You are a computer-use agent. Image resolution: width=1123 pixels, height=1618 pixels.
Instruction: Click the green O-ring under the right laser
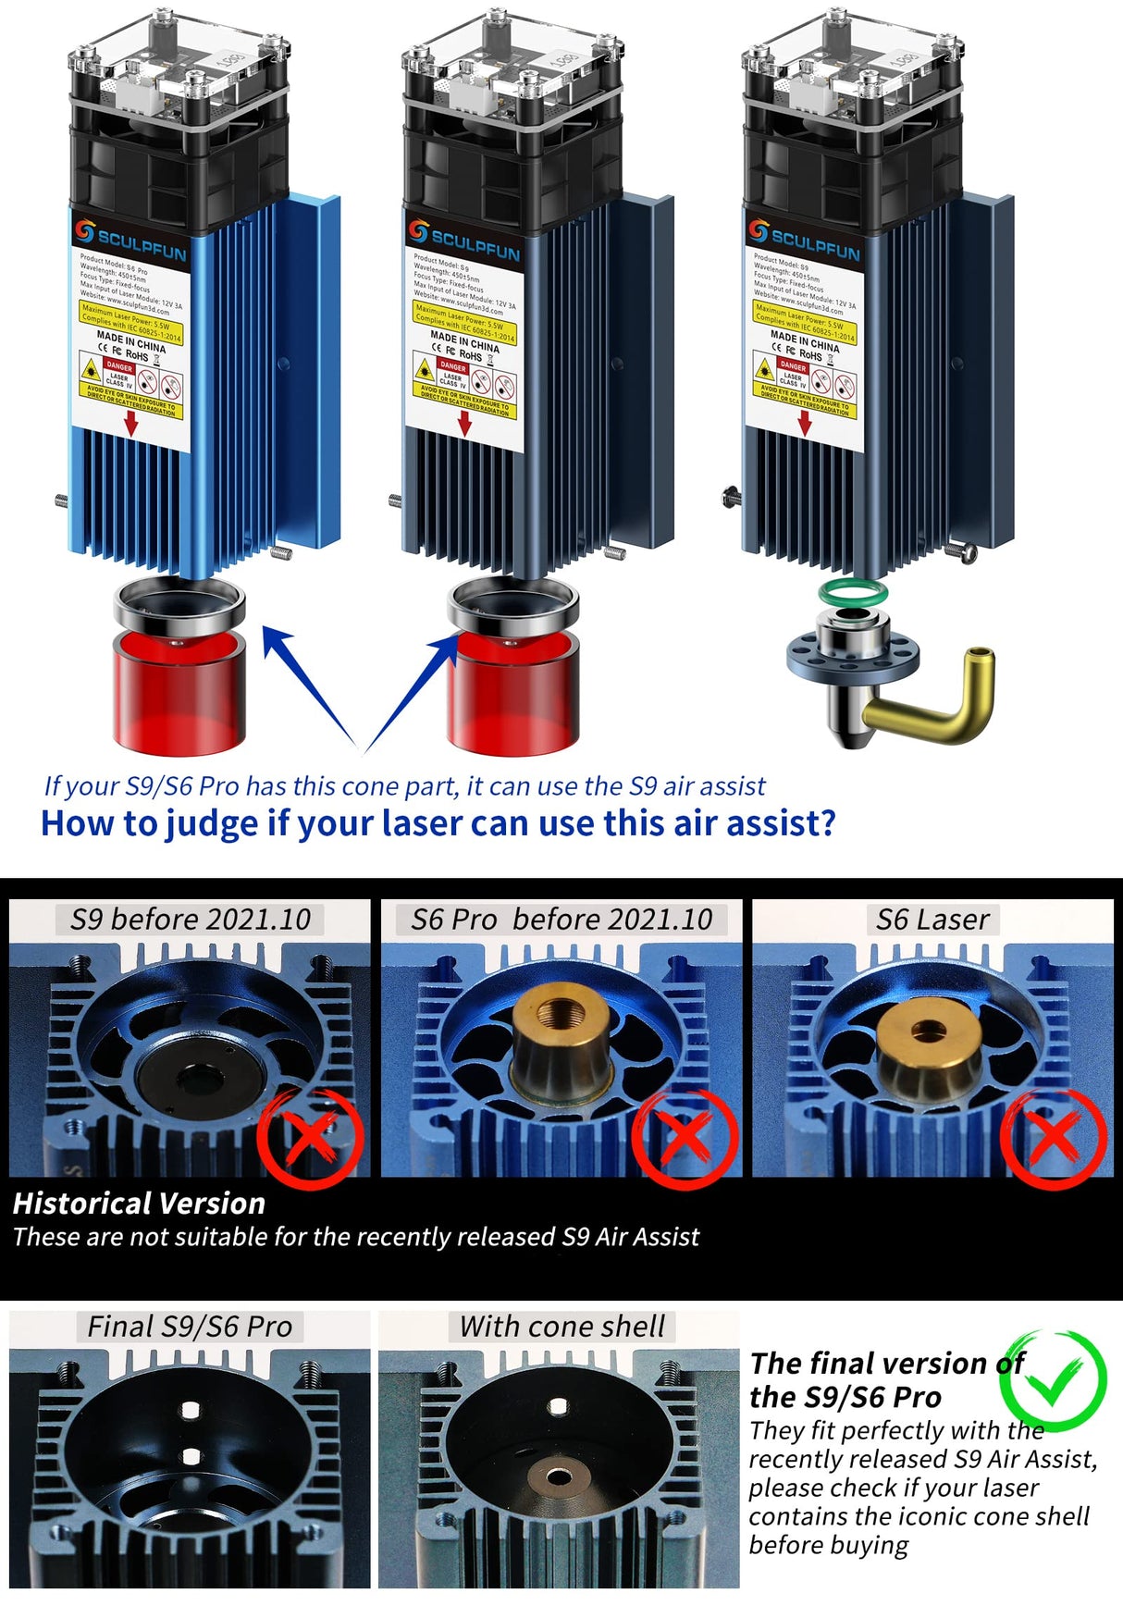click(852, 593)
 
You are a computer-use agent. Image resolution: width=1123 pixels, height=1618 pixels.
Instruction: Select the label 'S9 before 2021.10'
click(190, 920)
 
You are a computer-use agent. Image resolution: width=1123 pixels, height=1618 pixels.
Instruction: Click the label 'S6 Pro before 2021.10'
click(561, 920)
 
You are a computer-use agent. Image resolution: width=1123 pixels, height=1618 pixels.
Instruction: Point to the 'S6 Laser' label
click(932, 920)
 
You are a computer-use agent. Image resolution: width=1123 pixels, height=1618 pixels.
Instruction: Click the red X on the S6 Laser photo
click(1053, 1138)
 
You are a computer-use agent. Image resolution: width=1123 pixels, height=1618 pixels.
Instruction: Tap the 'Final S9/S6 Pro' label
click(190, 1327)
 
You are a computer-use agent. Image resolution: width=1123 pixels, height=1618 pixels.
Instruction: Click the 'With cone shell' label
click(561, 1327)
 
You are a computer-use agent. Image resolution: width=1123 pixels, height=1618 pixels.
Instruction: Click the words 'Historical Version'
click(139, 1204)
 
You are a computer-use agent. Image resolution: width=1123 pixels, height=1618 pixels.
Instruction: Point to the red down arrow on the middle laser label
click(465, 424)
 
